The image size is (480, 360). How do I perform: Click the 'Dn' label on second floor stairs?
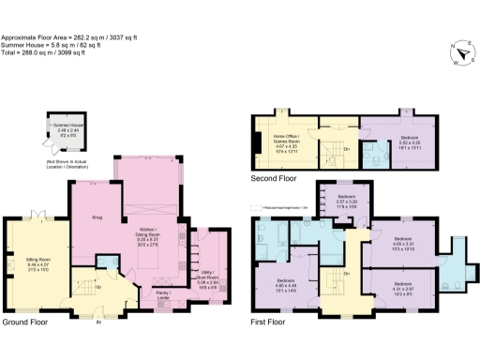(x=346, y=148)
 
